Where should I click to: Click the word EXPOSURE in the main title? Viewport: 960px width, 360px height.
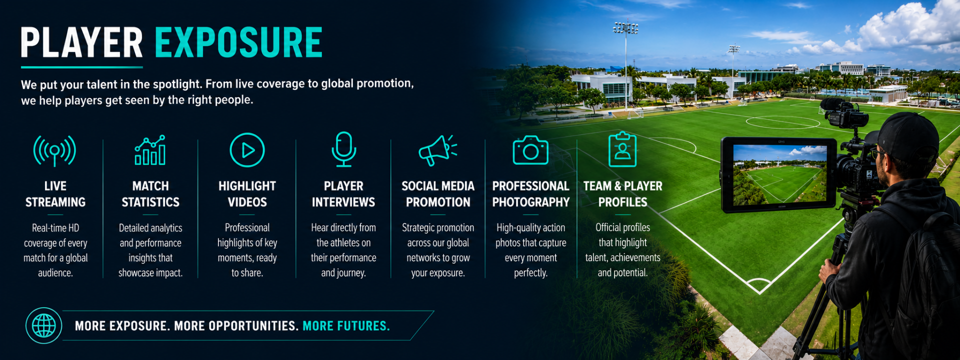pyautogui.click(x=238, y=42)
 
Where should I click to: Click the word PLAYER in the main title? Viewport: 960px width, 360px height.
pyautogui.click(x=82, y=42)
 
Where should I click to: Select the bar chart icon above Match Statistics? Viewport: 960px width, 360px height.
pyautogui.click(x=150, y=150)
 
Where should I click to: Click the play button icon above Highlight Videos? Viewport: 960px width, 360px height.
pyautogui.click(x=247, y=150)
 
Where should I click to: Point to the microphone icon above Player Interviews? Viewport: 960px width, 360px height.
pyautogui.click(x=344, y=149)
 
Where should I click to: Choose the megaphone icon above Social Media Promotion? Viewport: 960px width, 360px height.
pyautogui.click(x=438, y=150)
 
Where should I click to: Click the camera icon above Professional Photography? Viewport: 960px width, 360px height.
pyautogui.click(x=530, y=150)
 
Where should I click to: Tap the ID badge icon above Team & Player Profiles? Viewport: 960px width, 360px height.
pyautogui.click(x=622, y=149)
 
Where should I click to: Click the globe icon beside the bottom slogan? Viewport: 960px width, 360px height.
pyautogui.click(x=44, y=325)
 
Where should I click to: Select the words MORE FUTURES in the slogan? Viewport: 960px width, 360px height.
pyautogui.click(x=346, y=326)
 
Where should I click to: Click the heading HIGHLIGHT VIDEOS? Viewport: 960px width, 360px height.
pyautogui.click(x=247, y=194)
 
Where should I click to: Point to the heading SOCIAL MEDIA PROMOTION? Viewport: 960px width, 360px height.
pyautogui.click(x=438, y=194)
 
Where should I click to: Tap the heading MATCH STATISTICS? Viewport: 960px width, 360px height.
pyautogui.click(x=150, y=194)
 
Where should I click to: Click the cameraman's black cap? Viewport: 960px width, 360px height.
pyautogui.click(x=907, y=135)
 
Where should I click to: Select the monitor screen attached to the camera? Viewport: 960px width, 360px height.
pyautogui.click(x=779, y=173)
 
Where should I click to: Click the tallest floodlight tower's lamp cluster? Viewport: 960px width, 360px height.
pyautogui.click(x=625, y=28)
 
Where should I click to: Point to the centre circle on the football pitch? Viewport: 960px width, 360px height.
pyautogui.click(x=782, y=122)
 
